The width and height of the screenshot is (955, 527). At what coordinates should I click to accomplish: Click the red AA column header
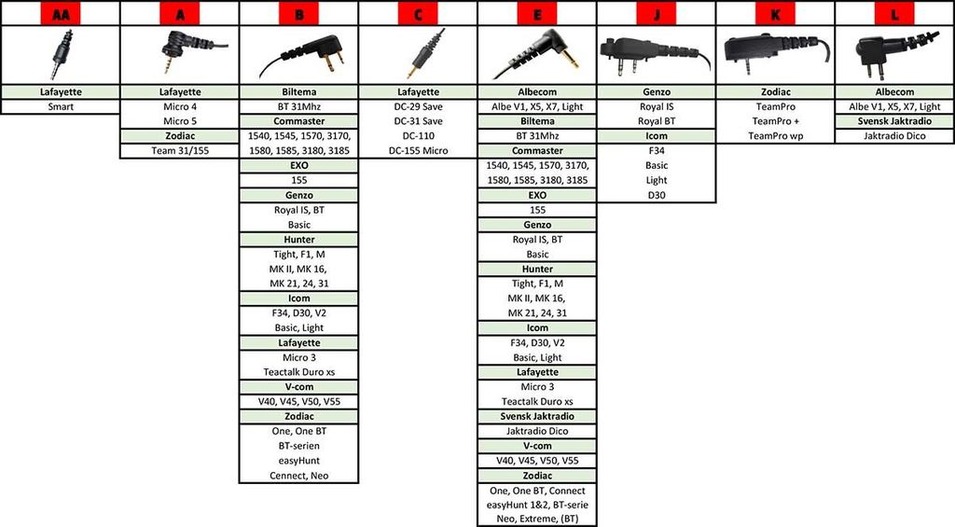coord(61,13)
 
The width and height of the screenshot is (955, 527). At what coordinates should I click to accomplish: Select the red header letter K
coord(775,13)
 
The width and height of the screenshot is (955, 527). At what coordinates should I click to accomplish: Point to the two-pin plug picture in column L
coord(894,54)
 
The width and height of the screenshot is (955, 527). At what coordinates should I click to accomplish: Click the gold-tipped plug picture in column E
coord(537,54)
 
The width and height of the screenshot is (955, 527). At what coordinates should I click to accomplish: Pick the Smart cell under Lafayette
coord(61,106)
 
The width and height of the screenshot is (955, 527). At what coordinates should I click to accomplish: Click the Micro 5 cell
coord(180,121)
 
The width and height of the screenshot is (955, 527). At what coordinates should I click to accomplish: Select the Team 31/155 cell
coord(180,150)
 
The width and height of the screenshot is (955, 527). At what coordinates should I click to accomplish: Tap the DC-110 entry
coord(418,136)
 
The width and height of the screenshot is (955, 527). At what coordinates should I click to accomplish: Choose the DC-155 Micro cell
coord(418,150)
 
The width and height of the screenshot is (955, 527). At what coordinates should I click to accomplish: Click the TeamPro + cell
coord(775,121)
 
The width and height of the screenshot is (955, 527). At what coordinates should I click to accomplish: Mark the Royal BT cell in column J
coord(657,121)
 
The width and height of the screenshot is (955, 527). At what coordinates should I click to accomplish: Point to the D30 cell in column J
coord(657,195)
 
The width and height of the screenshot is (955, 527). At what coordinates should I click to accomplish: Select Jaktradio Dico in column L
coord(894,136)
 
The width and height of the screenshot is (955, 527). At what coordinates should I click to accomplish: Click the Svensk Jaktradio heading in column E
coord(537,416)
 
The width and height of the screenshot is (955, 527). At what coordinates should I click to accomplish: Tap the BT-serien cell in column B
coord(299,446)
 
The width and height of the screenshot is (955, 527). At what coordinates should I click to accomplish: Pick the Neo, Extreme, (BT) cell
coord(537,520)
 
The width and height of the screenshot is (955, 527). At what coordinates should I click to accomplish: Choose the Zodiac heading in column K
coord(775,92)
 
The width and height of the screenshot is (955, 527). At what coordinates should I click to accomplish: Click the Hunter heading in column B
coord(299,240)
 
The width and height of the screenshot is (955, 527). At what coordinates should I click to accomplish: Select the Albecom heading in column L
coord(894,92)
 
